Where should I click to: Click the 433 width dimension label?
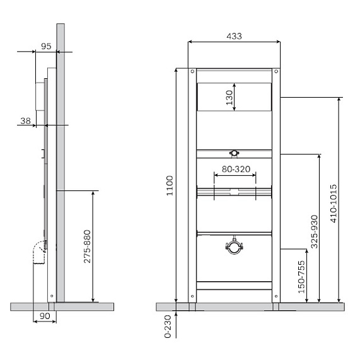coord(234,36)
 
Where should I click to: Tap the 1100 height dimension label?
coord(170,186)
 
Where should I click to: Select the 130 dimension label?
coord(229,98)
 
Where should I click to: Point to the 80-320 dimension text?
coord(236,169)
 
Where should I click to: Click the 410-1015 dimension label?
coord(334,203)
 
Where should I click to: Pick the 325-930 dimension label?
coord(314,231)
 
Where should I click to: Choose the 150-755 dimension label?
coord(301,277)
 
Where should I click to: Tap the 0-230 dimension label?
coord(168,326)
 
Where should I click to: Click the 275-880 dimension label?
coord(87,247)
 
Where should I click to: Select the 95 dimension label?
coord(46,47)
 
